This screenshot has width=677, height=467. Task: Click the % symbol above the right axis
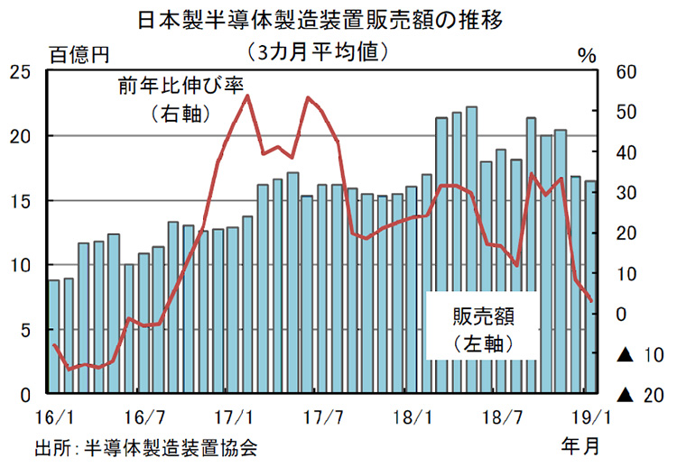588,55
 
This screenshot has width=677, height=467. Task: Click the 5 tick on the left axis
26,330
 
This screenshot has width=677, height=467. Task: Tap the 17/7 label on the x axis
323,418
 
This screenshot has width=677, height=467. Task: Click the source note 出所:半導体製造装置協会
146,446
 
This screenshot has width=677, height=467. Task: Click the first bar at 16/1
54,337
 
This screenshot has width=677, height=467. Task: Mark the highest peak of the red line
247,96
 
